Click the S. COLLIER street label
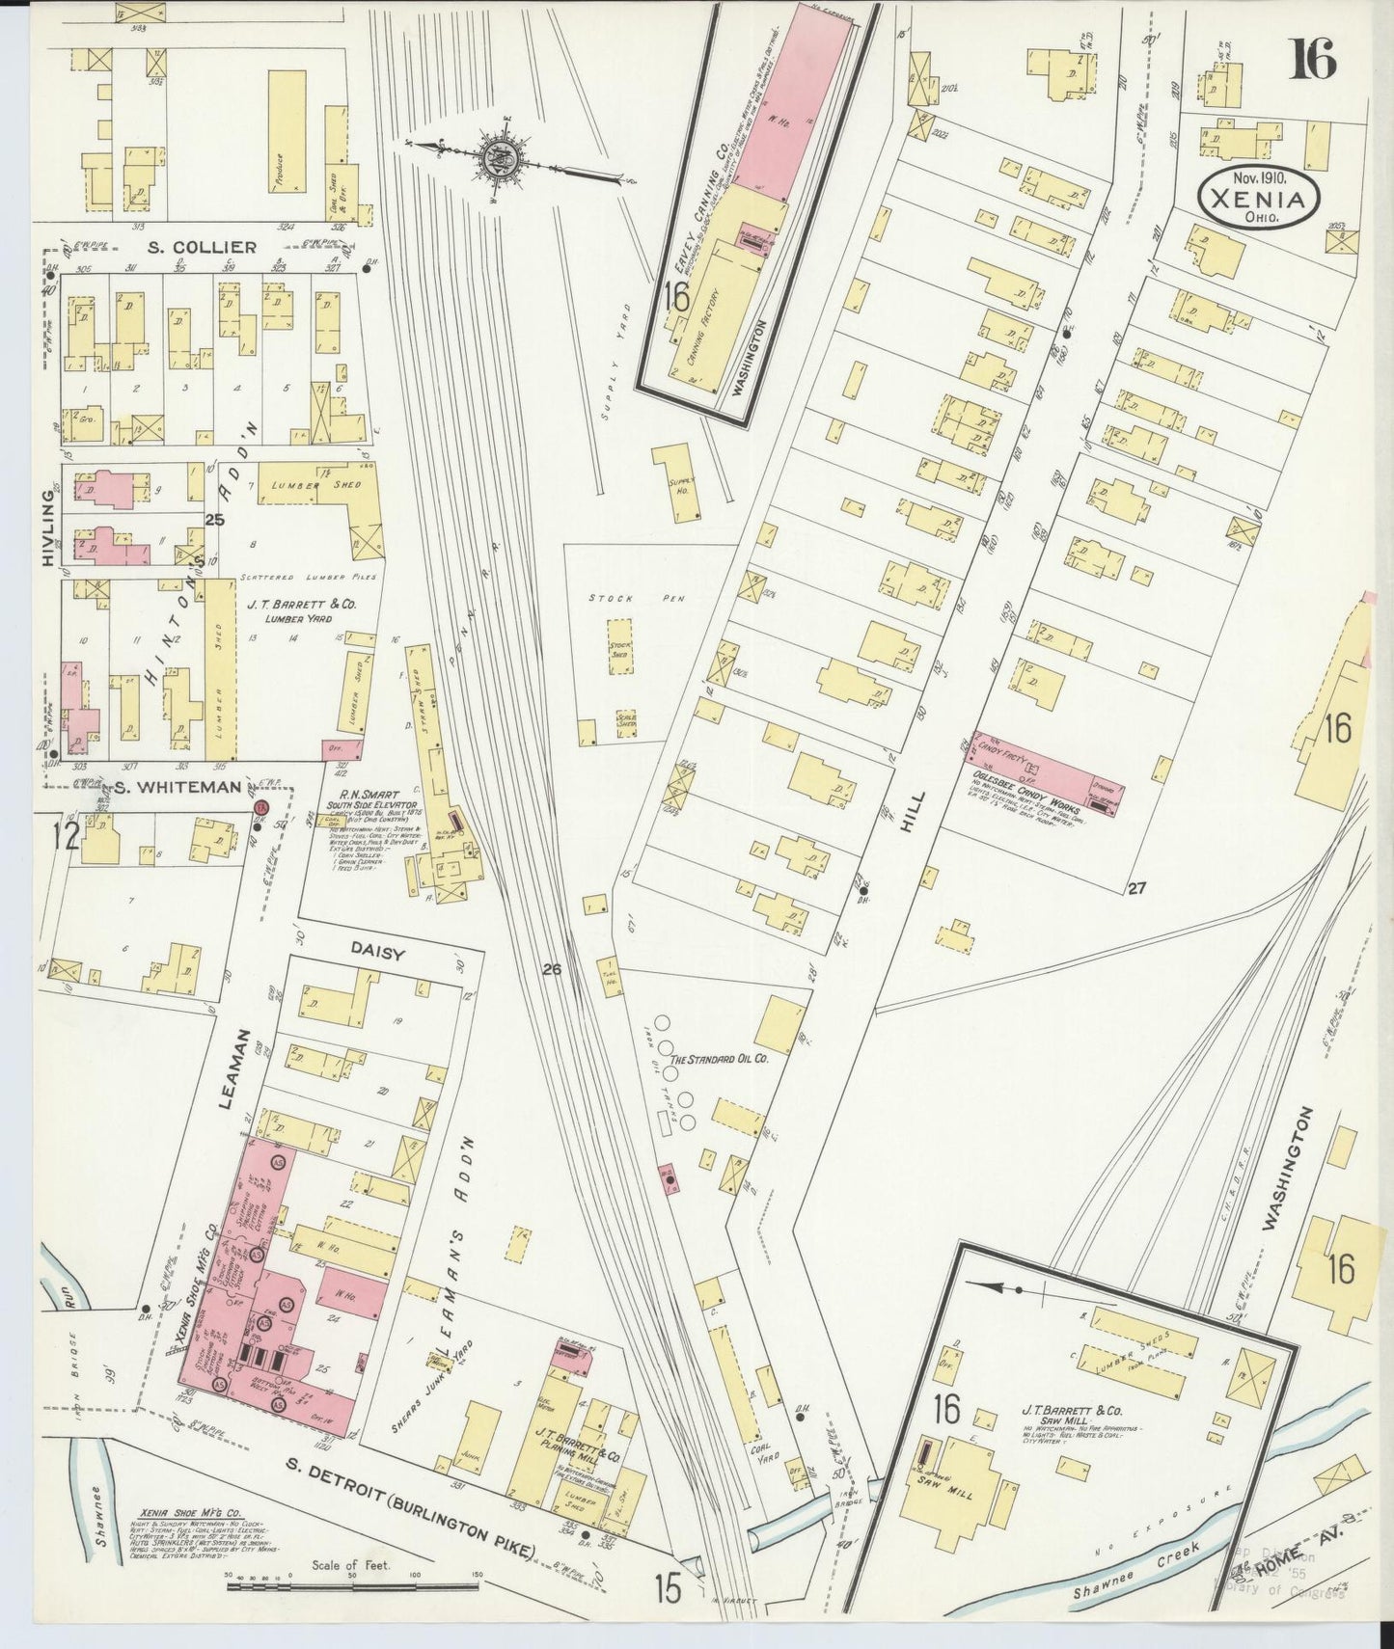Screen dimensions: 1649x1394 click(x=203, y=247)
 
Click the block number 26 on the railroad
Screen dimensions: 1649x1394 click(x=552, y=970)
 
